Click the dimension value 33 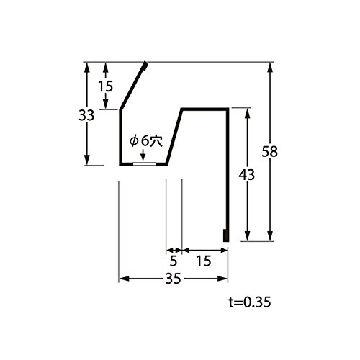click(x=86, y=116)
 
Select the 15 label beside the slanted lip click(x=105, y=86)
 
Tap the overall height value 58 click(x=269, y=152)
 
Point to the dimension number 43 click(x=246, y=175)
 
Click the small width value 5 click(x=174, y=261)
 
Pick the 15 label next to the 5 click(x=204, y=261)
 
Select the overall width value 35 click(x=173, y=279)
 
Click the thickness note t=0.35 click(x=250, y=302)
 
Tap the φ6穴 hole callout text click(x=146, y=141)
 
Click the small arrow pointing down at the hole click(x=143, y=155)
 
